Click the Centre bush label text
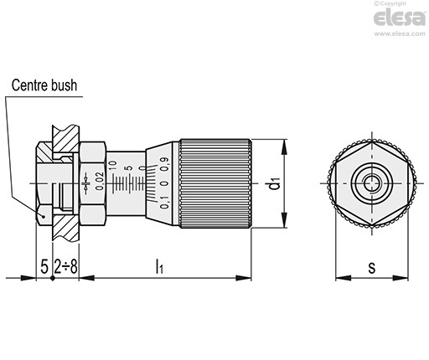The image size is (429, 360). click(44, 85)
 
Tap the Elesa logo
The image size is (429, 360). click(400, 18)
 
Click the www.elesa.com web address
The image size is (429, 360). click(400, 33)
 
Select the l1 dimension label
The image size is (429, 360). click(159, 265)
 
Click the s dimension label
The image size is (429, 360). click(372, 267)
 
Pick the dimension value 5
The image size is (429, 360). click(44, 266)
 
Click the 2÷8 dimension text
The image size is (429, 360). click(65, 266)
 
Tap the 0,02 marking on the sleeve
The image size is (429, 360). click(100, 181)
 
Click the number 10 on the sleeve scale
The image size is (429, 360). click(112, 165)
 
